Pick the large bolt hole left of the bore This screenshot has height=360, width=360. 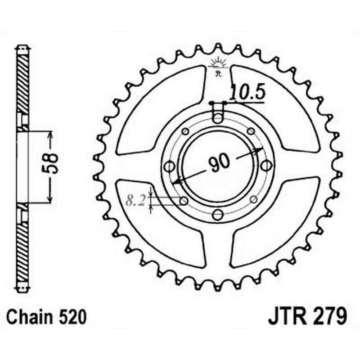tap(170, 167)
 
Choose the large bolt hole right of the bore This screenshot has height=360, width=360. tap(266, 166)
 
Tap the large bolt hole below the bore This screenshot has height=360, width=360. tap(218, 214)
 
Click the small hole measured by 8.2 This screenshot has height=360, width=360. tap(184, 201)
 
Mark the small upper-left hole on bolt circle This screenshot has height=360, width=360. tap(184, 132)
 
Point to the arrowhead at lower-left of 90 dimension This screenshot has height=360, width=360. tap(177, 182)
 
